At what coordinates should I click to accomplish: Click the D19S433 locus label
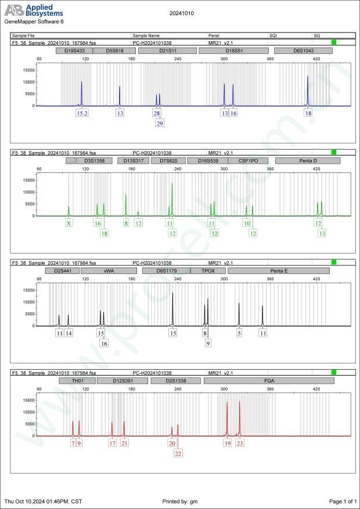tap(74, 50)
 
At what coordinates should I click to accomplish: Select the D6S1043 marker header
tap(303, 50)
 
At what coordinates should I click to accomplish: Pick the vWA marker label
tap(109, 270)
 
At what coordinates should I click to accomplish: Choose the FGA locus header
tap(269, 381)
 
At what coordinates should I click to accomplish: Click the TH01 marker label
tap(76, 381)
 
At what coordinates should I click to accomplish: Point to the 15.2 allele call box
tap(82, 113)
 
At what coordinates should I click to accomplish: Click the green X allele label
tap(69, 223)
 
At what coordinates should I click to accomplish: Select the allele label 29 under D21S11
tap(160, 123)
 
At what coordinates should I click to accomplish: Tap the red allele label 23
tap(240, 443)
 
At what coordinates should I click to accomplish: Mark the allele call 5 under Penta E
tap(239, 333)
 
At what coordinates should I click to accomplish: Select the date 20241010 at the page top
tap(181, 12)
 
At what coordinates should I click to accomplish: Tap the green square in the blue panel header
tap(334, 42)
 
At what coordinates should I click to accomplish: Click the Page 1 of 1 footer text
tap(342, 501)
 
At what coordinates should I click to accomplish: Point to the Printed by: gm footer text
tap(180, 501)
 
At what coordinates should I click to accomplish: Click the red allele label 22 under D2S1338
tap(178, 453)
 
